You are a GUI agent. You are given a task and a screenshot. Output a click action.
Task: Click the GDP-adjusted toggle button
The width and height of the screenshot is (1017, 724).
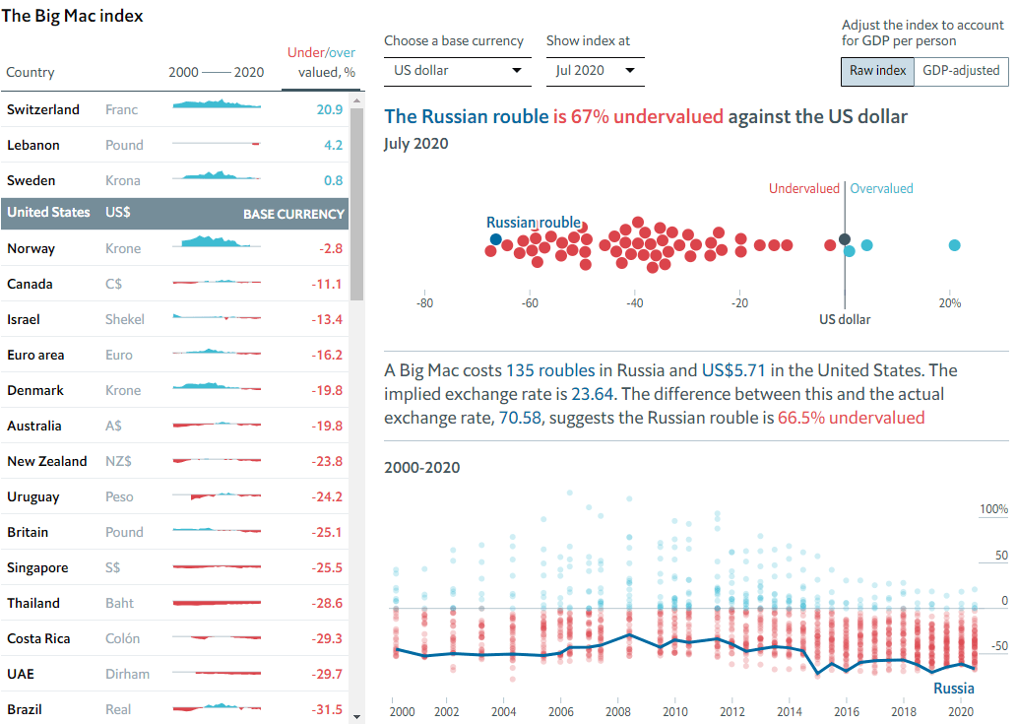pyautogui.click(x=961, y=71)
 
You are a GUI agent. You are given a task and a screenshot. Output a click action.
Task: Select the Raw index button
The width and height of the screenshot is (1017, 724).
pyautogui.click(x=877, y=71)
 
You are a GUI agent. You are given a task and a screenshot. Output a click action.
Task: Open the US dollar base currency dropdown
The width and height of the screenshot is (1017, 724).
pyautogui.click(x=457, y=71)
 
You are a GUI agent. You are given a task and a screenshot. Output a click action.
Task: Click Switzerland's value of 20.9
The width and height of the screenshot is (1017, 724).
pyautogui.click(x=329, y=109)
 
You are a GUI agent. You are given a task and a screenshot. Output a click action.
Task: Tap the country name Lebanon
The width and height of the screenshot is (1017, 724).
pyautogui.click(x=33, y=145)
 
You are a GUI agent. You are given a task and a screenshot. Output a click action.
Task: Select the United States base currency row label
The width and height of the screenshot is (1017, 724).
pyautogui.click(x=48, y=213)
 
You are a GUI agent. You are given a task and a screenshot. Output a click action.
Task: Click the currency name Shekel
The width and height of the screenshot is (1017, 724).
pyautogui.click(x=125, y=319)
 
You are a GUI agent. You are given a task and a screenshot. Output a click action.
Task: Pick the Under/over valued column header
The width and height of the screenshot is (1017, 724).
pyautogui.click(x=321, y=62)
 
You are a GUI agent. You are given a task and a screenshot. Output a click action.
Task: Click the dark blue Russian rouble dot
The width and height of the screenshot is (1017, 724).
pyautogui.click(x=495, y=239)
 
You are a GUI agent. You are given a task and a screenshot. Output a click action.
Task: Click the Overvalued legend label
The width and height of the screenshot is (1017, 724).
pyautogui.click(x=881, y=188)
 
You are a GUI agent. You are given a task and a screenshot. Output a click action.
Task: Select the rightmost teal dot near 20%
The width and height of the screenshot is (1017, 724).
pyautogui.click(x=954, y=245)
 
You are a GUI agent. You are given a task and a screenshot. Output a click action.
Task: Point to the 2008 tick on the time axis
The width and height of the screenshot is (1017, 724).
pyautogui.click(x=617, y=711)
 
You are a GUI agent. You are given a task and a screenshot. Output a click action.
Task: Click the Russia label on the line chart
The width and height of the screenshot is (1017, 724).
pyautogui.click(x=953, y=688)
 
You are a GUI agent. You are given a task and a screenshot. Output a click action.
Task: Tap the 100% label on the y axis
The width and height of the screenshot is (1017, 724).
pyautogui.click(x=993, y=509)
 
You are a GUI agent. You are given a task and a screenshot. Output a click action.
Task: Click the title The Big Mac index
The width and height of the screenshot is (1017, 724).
pyautogui.click(x=71, y=16)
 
